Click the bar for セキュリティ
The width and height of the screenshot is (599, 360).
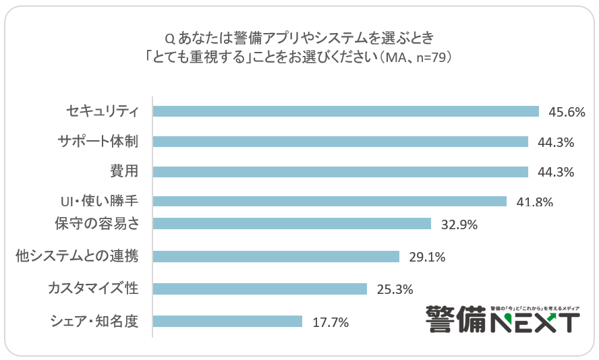(345, 111)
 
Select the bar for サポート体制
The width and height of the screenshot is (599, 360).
(340, 142)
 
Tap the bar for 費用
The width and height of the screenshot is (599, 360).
(340, 172)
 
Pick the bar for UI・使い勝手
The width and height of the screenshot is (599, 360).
(329, 201)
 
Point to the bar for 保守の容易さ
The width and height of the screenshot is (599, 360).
(291, 224)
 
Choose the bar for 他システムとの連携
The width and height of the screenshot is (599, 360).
(276, 256)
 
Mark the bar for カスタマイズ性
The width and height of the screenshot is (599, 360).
(260, 289)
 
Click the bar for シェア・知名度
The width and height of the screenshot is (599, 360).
(227, 322)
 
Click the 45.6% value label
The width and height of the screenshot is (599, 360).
(567, 112)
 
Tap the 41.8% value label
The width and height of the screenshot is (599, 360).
(534, 202)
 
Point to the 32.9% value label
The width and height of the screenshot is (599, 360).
(459, 224)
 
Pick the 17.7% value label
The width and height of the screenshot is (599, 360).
(330, 322)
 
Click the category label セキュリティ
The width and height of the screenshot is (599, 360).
(102, 111)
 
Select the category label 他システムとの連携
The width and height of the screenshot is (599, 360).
(76, 256)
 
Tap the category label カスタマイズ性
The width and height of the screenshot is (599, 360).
(92, 289)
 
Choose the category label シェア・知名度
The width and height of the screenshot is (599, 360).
(94, 322)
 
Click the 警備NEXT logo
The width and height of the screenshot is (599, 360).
(502, 318)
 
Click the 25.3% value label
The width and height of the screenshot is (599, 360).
(395, 289)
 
